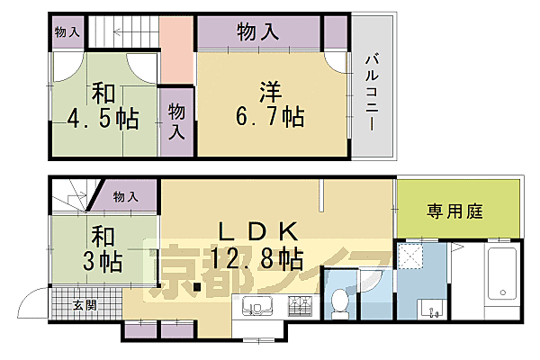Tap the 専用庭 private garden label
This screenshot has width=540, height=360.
(455, 212)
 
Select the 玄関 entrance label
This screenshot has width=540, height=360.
(85, 304)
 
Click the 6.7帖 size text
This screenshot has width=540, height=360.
(271, 116)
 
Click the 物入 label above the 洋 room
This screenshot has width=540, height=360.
(257, 32)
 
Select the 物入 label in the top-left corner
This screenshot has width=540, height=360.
(67, 32)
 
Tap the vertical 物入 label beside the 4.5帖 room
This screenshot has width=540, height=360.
(177, 120)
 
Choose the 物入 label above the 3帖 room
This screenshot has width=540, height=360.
(126, 196)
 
